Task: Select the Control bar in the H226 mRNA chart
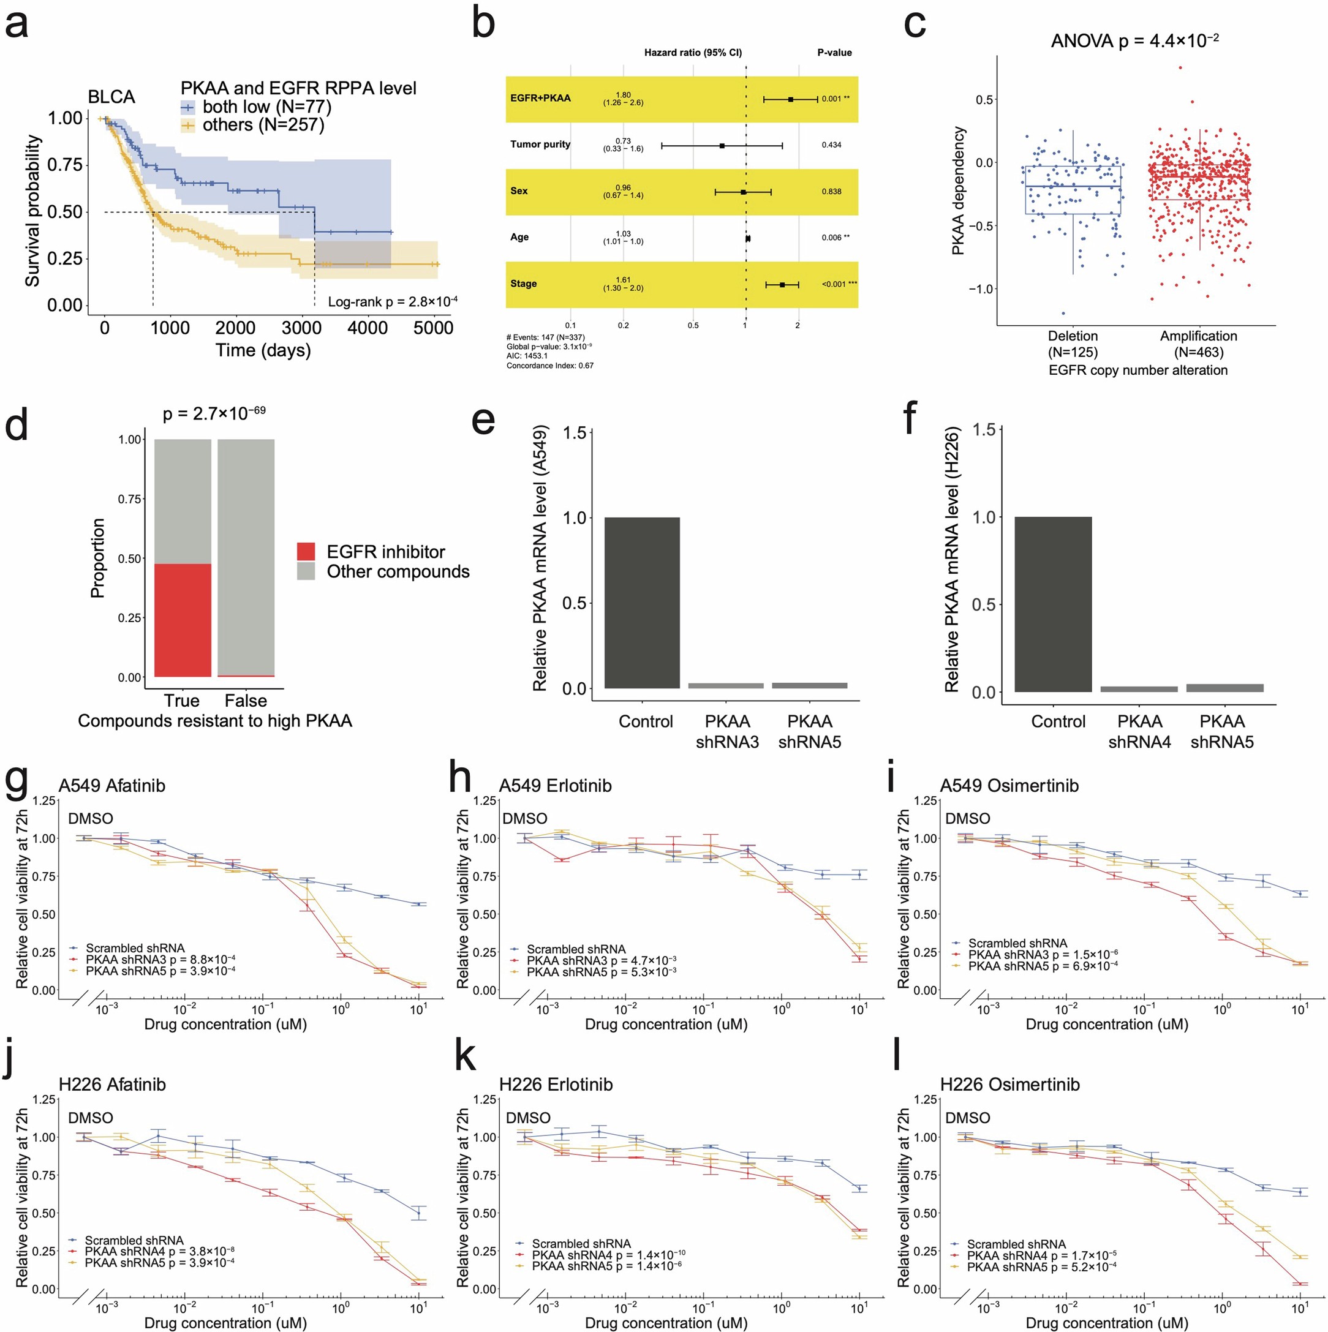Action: tap(1053, 604)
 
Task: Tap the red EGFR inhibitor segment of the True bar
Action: tap(183, 620)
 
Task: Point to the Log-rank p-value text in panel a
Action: tap(391, 301)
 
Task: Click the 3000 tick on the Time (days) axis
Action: tap(301, 328)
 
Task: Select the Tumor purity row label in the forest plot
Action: tap(540, 144)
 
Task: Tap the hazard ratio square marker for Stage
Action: tap(782, 284)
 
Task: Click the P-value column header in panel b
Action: tap(834, 53)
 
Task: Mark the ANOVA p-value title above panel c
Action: tap(1134, 40)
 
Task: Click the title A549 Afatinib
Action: tap(111, 785)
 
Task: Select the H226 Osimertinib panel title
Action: tap(1009, 1085)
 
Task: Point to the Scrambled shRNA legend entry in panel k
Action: tap(581, 1244)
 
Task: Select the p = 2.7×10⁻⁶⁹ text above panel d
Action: tap(214, 413)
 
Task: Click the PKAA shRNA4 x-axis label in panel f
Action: tap(1139, 731)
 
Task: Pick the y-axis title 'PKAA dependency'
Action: tap(958, 191)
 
